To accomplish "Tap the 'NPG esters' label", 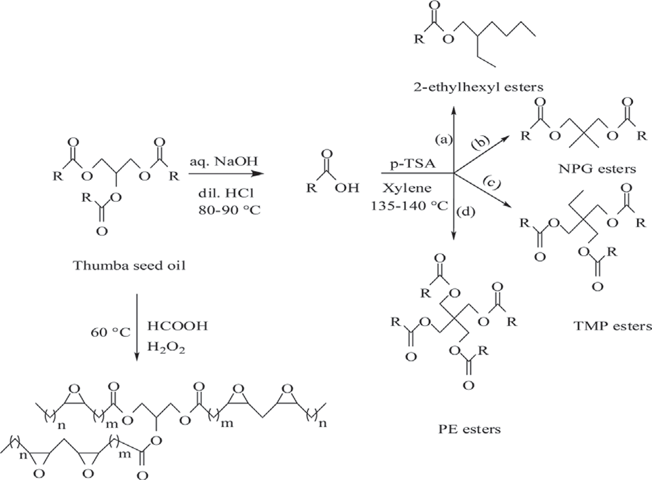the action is (597, 168).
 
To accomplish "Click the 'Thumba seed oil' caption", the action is (129, 265).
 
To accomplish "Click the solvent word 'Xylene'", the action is (408, 188).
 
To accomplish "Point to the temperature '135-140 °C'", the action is (409, 206).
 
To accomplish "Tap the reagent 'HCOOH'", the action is (178, 326).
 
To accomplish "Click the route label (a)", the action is (443, 139).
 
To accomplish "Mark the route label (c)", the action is (493, 182).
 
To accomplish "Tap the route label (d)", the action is (466, 212).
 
